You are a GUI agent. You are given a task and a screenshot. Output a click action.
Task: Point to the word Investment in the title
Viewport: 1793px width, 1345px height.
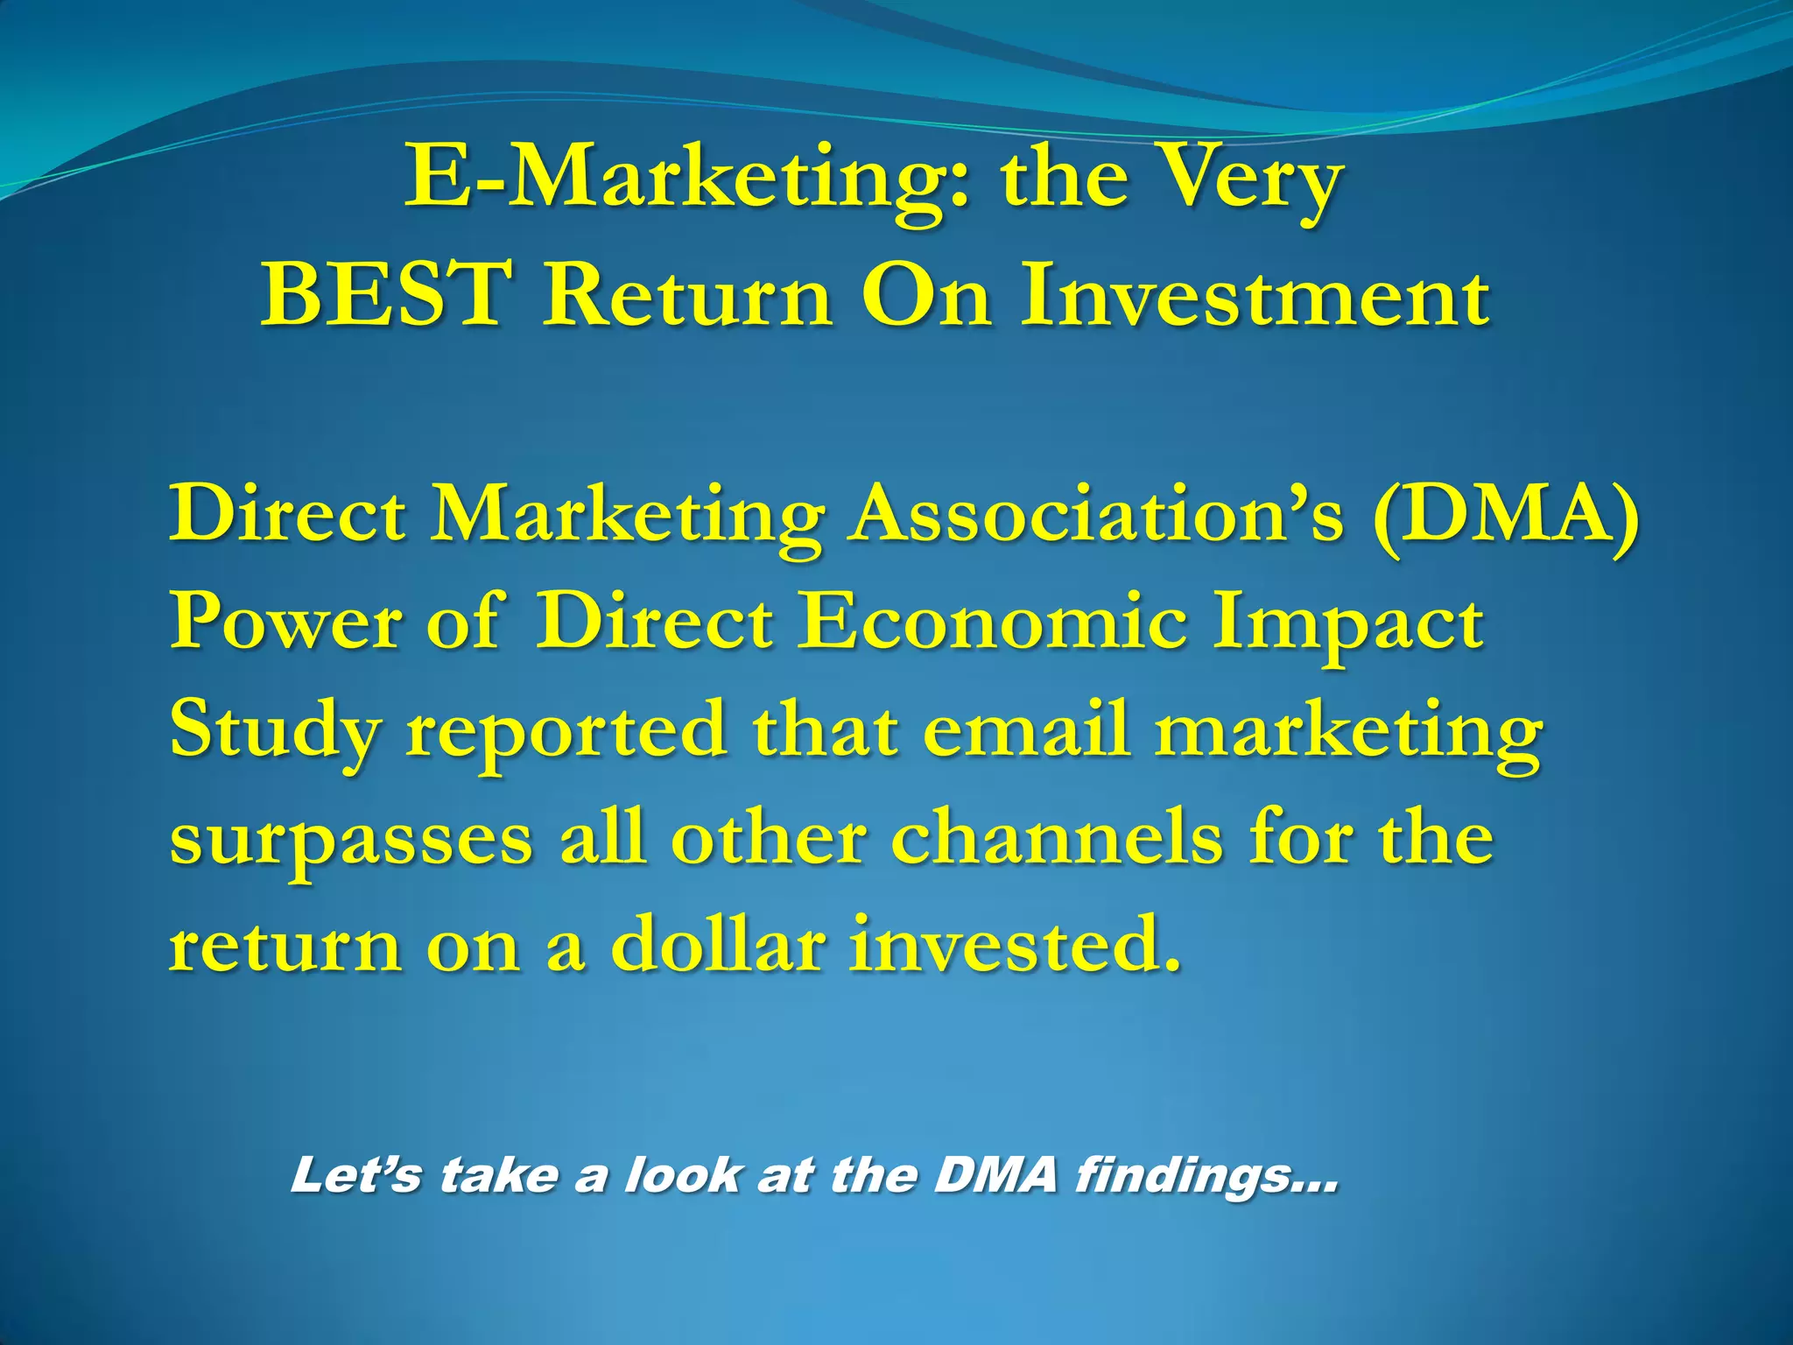pyautogui.click(x=1254, y=296)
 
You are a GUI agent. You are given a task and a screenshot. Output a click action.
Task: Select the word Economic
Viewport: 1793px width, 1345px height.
pyautogui.click(x=993, y=622)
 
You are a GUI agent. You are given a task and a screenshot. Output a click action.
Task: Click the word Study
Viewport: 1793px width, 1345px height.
pyautogui.click(x=275, y=732)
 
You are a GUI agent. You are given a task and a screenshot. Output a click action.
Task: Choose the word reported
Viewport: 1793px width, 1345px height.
pyautogui.click(x=566, y=732)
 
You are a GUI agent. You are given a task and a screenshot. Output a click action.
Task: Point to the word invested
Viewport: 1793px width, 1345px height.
pyautogui.click(x=1014, y=946)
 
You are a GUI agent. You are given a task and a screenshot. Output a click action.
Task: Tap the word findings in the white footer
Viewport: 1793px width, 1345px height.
pyautogui.click(x=1206, y=1175)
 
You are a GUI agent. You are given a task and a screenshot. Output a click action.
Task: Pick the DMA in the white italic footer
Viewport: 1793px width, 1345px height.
pyautogui.click(x=995, y=1175)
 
